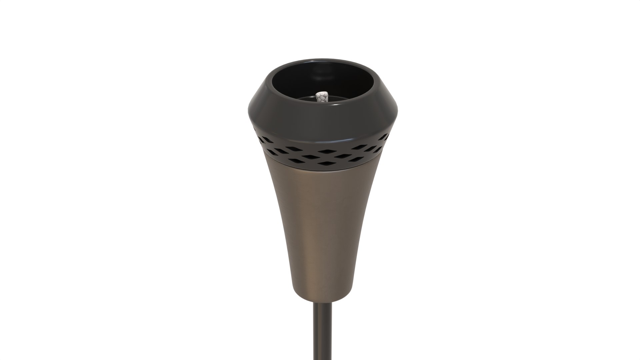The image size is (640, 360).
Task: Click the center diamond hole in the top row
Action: click(x=325, y=151)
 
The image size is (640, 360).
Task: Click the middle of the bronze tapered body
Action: click(x=322, y=227)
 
